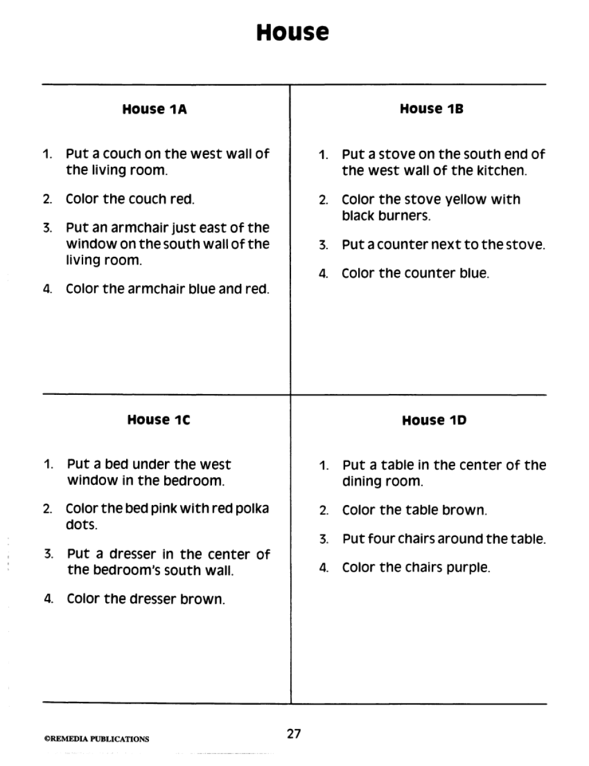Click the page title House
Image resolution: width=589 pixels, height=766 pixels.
(x=292, y=32)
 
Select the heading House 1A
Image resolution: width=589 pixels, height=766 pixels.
(x=154, y=109)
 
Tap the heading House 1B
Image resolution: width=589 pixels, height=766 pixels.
(x=431, y=108)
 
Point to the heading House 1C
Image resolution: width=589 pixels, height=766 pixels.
(x=158, y=420)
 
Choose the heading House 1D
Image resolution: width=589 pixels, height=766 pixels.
(x=434, y=420)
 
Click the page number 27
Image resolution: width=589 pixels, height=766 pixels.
(x=293, y=734)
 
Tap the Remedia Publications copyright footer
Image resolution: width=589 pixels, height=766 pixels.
(x=97, y=739)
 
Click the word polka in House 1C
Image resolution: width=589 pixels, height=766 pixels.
(x=252, y=509)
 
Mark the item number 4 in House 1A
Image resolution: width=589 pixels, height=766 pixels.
(x=47, y=289)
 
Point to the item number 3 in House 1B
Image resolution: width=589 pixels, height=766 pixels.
(x=323, y=245)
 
